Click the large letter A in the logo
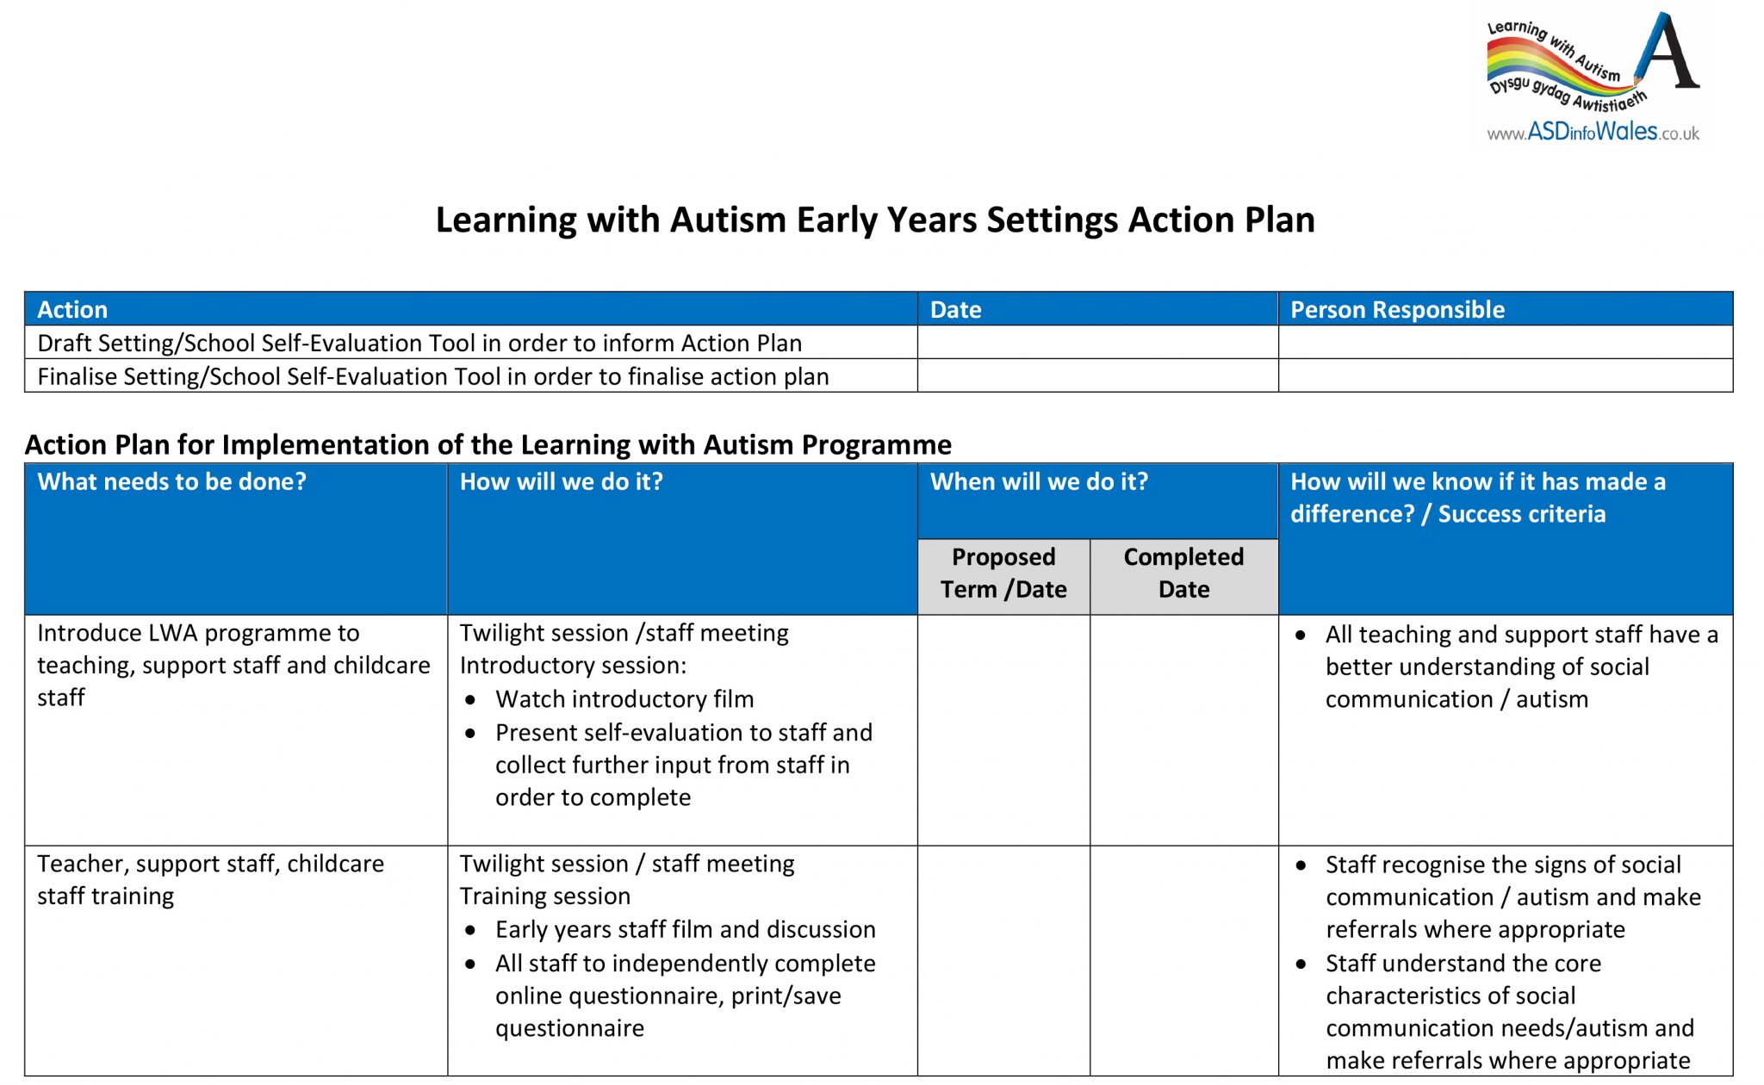[x=1671, y=53]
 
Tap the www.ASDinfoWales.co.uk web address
[x=1593, y=133]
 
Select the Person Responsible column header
[x=1397, y=310]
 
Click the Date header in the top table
[x=955, y=310]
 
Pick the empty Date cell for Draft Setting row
[x=1097, y=343]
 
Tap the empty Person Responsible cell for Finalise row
[x=1505, y=376]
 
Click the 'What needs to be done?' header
[x=171, y=481]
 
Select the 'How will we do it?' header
[x=561, y=481]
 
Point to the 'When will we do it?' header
[x=1039, y=481]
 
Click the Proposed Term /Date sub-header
[x=1003, y=573]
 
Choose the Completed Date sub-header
[x=1183, y=573]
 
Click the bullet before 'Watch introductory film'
[x=470, y=700]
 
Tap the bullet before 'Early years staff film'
[x=470, y=931]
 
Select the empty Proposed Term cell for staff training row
[x=1003, y=960]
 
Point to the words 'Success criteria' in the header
[x=1521, y=514]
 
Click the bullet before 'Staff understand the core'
[x=1301, y=964]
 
